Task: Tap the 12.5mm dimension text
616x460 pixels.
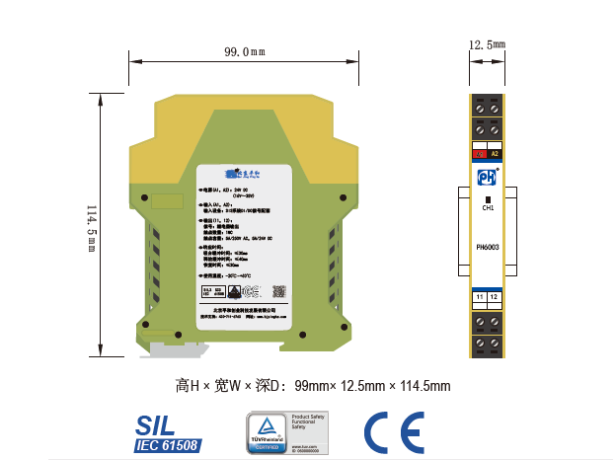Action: [487, 44]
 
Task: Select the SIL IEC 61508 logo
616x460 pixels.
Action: [167, 432]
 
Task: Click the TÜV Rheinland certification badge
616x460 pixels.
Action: [286, 433]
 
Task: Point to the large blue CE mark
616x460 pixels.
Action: [394, 432]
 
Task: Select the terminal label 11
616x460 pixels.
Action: [479, 296]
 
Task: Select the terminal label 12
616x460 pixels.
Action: [495, 296]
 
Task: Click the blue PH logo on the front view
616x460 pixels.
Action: [487, 178]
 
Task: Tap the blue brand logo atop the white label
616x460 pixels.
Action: [242, 174]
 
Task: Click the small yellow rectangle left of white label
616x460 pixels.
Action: [169, 201]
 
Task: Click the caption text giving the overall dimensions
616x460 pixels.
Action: [312, 385]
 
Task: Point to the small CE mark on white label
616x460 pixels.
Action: [253, 290]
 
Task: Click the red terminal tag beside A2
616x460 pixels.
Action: [480, 153]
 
